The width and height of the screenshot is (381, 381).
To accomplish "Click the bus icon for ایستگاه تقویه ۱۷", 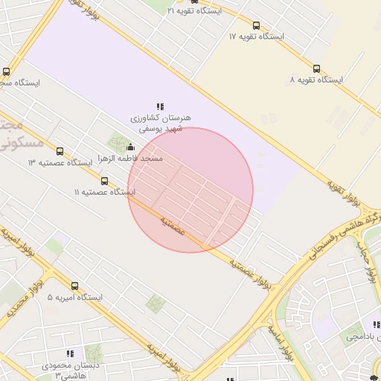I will click(x=257, y=25).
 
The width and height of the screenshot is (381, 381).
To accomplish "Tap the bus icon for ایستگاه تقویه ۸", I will click(x=317, y=68).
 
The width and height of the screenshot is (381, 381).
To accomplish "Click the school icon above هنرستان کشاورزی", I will click(x=160, y=107).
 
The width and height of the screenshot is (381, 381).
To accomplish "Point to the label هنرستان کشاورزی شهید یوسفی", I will click(x=161, y=124).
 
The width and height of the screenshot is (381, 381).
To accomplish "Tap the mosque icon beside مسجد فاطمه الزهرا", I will click(x=132, y=147).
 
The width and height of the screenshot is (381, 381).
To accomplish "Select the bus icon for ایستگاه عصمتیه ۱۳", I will click(x=60, y=151).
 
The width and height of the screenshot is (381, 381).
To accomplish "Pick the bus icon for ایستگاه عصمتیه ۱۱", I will click(x=104, y=181).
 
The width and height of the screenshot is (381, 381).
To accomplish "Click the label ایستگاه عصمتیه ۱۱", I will click(x=105, y=193).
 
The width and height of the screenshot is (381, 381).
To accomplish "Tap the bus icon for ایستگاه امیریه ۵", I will click(x=74, y=286).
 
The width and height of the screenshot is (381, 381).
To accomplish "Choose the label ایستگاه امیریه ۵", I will click(x=74, y=298).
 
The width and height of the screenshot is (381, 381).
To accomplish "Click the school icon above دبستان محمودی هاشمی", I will click(x=70, y=353).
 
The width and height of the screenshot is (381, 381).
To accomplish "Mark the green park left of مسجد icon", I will click(x=117, y=142).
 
